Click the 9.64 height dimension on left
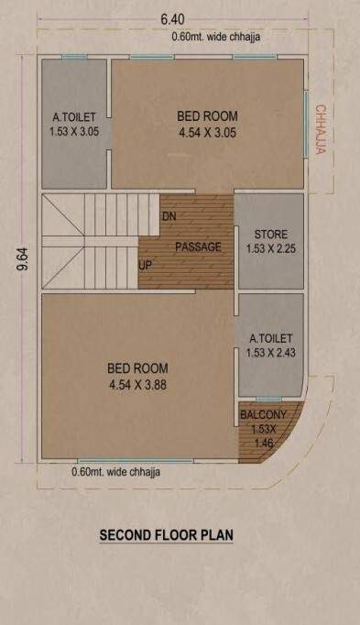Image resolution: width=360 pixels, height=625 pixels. coord(20,261)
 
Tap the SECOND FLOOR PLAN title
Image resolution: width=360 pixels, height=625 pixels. coord(166,533)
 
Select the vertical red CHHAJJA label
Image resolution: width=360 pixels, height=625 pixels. coord(321,128)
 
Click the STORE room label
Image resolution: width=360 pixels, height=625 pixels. coord(270,233)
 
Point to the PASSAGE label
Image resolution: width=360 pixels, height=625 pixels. coord(198,247)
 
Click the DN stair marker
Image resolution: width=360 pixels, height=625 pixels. coord(169,216)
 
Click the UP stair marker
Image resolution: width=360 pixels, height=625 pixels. coord(145,266)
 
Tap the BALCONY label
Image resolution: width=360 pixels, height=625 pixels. coord(263,415)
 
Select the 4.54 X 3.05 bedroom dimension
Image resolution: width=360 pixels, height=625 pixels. coord(207,132)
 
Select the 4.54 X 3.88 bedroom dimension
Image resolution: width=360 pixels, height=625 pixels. coord(137,385)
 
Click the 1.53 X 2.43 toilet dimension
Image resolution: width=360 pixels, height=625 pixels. coord(270,354)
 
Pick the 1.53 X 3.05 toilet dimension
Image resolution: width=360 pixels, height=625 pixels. coord(74,132)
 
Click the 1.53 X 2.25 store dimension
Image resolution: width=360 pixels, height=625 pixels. coord(270,247)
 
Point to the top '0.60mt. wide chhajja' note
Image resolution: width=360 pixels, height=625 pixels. coord(215,38)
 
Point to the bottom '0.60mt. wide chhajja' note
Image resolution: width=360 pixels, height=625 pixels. coord(115,473)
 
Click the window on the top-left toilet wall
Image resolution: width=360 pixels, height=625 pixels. coord(74,58)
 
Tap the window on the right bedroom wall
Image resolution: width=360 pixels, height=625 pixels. coord(305,119)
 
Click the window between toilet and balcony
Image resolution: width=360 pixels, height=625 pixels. coord(267,399)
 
